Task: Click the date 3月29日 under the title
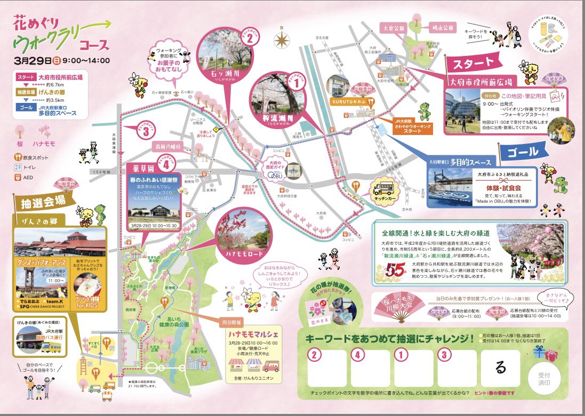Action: pos(35,60)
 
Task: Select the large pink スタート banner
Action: pos(474,63)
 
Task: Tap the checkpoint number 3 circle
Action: pos(145,132)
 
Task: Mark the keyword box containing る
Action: pos(500,367)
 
